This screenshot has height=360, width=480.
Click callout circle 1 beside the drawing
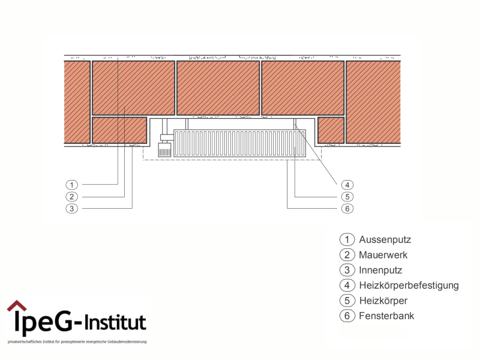click(71, 184)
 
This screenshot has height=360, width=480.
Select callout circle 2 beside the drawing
click(71, 196)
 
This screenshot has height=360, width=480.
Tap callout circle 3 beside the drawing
click(71, 208)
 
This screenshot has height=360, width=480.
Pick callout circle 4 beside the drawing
click(346, 184)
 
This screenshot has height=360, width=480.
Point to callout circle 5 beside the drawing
click(346, 196)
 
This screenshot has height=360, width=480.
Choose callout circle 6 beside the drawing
click(346, 208)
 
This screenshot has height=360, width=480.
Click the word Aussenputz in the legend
click(385, 239)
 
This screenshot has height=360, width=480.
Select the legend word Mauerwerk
click(383, 255)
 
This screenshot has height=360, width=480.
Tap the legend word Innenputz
click(380, 270)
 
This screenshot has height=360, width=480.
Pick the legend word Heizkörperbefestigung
click(409, 286)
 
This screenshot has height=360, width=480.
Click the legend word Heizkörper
click(383, 301)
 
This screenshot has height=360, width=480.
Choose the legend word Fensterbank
click(386, 316)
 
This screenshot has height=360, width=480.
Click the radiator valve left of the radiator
click(164, 148)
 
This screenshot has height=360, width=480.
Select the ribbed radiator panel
click(239, 143)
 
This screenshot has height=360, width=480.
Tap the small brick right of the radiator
click(330, 130)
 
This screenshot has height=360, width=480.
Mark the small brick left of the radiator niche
click(119, 130)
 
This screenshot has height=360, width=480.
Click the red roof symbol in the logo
click(17, 306)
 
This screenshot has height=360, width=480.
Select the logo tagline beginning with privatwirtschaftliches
click(77, 342)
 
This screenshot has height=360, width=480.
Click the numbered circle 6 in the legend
click(346, 316)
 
